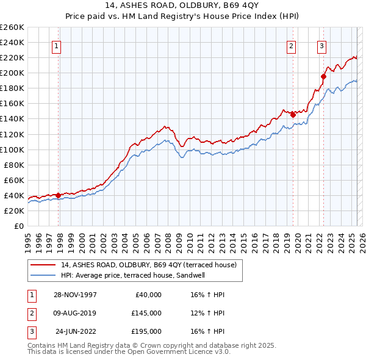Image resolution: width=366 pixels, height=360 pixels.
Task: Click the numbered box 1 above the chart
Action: click(56, 46)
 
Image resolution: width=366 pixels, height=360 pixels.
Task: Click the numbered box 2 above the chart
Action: click(292, 46)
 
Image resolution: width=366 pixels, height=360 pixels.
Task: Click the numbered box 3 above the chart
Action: click(321, 46)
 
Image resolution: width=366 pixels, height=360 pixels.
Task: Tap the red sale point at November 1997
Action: click(59, 195)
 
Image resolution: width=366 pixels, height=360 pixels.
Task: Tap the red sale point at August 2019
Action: click(293, 114)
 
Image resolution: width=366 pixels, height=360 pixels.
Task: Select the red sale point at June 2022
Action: click(324, 76)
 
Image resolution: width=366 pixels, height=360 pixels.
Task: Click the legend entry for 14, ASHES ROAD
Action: click(152, 265)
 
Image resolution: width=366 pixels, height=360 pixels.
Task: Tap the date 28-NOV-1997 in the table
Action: click(74, 295)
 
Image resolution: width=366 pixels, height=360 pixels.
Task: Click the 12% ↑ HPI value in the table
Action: click(208, 313)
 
